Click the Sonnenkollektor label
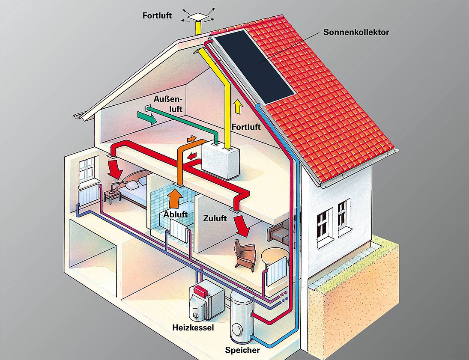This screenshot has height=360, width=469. tap(356, 32)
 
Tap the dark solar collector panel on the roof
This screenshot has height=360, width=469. tap(255, 66)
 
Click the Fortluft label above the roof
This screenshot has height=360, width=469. tap(157, 15)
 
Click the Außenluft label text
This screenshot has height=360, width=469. tap(168, 104)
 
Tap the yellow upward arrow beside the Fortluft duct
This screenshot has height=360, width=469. tap(238, 107)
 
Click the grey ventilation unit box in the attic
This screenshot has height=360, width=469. tap(221, 160)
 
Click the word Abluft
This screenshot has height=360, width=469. tap(175, 214)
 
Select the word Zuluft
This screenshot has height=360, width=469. tap(215, 218)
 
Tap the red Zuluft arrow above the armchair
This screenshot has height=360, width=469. tap(242, 226)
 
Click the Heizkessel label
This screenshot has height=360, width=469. tap(193, 327)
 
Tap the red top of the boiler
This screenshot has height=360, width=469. tap(201, 291)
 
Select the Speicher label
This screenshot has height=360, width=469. tap(242, 350)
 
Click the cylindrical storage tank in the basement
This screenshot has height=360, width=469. tap(242, 317)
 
